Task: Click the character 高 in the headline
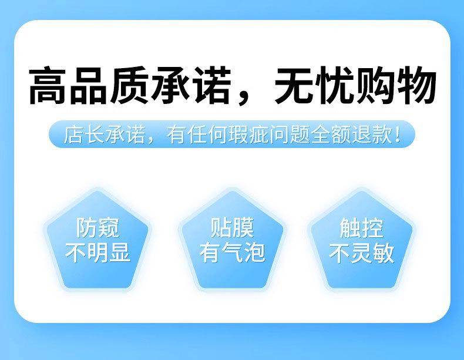(48, 85)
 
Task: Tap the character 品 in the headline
(89, 85)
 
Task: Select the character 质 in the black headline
(129, 85)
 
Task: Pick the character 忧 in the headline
(335, 85)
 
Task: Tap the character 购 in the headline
(376, 85)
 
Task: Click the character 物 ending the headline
(416, 85)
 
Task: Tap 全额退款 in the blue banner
(351, 134)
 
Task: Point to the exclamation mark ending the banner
(398, 134)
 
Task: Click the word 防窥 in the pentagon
(97, 228)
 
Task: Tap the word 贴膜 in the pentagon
(232, 228)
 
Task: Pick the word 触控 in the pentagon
(361, 228)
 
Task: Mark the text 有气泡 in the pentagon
(232, 253)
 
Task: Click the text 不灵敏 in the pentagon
(361, 253)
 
